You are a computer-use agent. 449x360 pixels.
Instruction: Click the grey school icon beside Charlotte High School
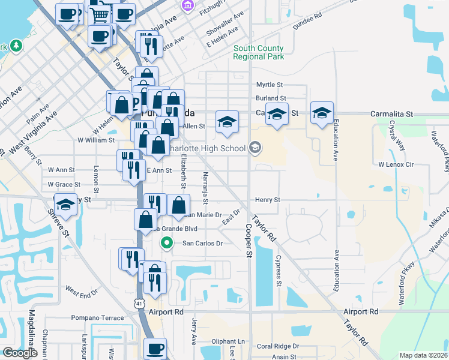[x=255, y=148]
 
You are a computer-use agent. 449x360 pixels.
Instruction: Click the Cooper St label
[x=249, y=240]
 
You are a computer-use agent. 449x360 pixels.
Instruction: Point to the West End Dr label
[x=81, y=292]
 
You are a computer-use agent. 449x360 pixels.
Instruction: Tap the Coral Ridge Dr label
[x=277, y=346]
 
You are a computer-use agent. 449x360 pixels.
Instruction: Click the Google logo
[x=20, y=353]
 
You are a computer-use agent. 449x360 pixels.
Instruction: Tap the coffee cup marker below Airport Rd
[x=155, y=347]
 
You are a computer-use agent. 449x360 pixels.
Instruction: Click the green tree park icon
[x=16, y=46]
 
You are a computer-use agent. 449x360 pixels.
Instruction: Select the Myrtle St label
[x=270, y=85]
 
